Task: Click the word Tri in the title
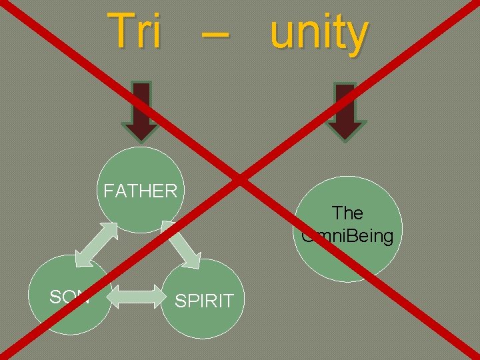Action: pos(135,31)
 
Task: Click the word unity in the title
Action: pos(319,33)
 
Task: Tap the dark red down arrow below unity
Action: pos(345,111)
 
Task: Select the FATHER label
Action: pos(140,191)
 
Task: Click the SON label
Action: pos(69,297)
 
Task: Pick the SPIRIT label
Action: pos(203,301)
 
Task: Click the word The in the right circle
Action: pos(347,213)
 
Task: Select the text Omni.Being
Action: pos(347,235)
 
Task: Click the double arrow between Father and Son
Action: pos(96,243)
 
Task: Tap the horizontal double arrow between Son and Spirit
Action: pos(136,297)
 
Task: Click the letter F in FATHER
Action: pos(108,191)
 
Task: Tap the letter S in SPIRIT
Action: pos(179,301)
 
